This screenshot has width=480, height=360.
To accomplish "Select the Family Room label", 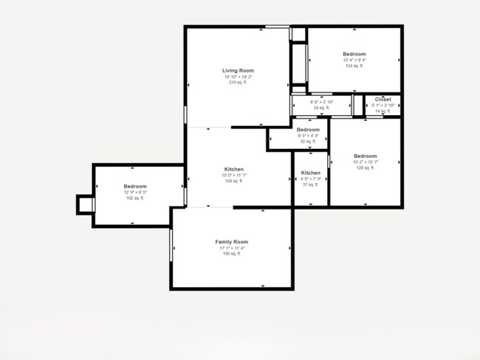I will pyautogui.click(x=231, y=242).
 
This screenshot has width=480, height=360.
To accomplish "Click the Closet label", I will pyautogui.click(x=383, y=99).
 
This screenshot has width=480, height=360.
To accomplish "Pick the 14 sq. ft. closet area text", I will pyautogui.click(x=383, y=111).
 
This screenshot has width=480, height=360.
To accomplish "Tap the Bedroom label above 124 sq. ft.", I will pyautogui.click(x=354, y=55).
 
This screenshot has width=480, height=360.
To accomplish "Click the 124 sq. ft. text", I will pyautogui.click(x=354, y=66).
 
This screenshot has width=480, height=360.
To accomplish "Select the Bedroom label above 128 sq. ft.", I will pyautogui.click(x=365, y=156).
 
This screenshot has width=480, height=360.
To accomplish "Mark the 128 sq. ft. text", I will pyautogui.click(x=365, y=168).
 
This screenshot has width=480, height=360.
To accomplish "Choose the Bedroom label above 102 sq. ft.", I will pyautogui.click(x=135, y=187).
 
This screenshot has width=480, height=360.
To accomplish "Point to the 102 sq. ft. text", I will pyautogui.click(x=135, y=198).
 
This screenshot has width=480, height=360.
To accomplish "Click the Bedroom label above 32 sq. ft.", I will pyautogui.click(x=308, y=130).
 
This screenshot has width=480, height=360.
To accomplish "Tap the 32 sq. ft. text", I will pyautogui.click(x=308, y=141).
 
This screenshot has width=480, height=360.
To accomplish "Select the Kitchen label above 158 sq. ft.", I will pyautogui.click(x=233, y=170).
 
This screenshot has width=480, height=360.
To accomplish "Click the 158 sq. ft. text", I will pyautogui.click(x=233, y=181).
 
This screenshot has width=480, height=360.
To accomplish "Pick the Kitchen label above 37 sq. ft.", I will pyautogui.click(x=310, y=173).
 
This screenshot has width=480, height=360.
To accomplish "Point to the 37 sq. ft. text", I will pyautogui.click(x=310, y=184).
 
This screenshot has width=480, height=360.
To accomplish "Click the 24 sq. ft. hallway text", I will pyautogui.click(x=320, y=108).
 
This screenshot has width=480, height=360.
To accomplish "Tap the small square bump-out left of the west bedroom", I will pyautogui.click(x=86, y=204).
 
